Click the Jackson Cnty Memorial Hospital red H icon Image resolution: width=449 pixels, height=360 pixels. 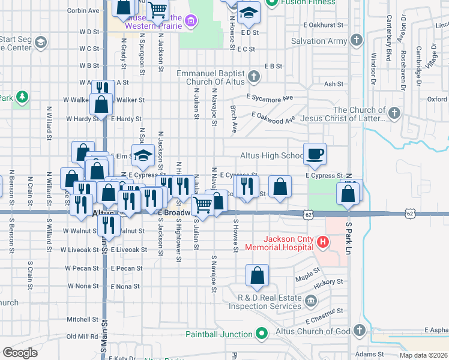323,242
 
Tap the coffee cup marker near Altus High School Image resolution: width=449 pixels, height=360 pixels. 315,154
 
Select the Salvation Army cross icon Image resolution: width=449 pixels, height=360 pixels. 357,41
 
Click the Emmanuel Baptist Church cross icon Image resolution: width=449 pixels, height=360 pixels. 255,76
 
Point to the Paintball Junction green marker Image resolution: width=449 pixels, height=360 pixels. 262,334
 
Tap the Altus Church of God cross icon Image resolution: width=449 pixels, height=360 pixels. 359,331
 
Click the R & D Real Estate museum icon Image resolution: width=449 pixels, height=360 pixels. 311,301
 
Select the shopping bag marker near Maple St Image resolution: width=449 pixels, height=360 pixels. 257,276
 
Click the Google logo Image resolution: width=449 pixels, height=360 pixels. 20,353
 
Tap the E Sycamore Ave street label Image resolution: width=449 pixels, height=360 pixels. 270,97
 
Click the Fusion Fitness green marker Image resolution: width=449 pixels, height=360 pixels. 271,2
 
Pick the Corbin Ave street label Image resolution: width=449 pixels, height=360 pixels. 83,11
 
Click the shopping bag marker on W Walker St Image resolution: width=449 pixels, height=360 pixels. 102,104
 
